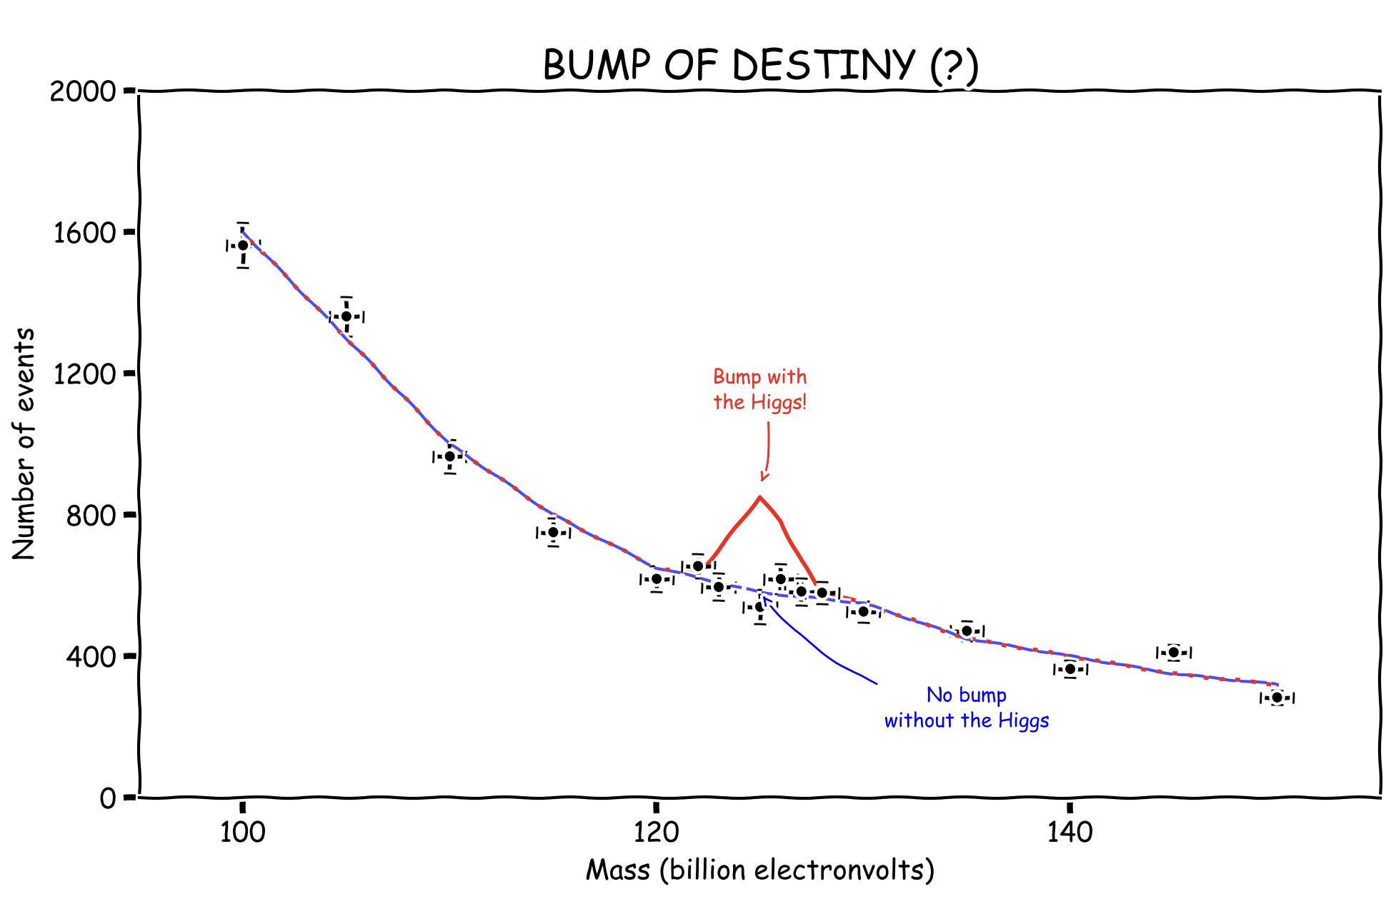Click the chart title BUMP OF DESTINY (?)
coord(760,66)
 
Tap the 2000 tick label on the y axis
coord(83,91)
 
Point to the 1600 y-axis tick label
coord(84,233)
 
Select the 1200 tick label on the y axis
coord(84,373)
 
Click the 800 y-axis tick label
coord(91,515)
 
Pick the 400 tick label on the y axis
coord(91,656)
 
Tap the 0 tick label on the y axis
coord(107,798)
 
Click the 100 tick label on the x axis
coord(243,833)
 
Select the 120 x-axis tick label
coord(656,833)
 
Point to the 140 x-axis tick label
coord(1070,833)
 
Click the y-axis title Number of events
coord(24,444)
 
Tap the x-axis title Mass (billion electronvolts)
coord(760,870)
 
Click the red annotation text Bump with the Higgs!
coord(760,389)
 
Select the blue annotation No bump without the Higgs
coord(967,708)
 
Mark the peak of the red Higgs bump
coord(759,497)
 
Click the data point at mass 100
coord(243,245)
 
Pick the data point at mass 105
coord(346,316)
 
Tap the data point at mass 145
coord(1173,652)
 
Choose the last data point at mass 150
coord(1277,697)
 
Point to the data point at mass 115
coord(553,532)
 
